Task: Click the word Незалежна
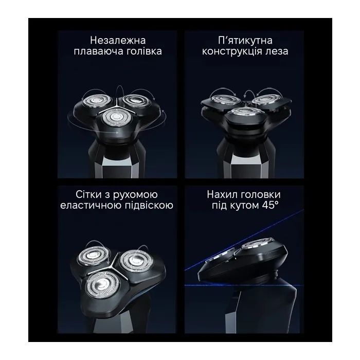118,41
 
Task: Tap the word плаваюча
95,51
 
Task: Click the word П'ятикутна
245,41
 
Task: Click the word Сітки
88,194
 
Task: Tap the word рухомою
135,195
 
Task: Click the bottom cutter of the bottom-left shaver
102,285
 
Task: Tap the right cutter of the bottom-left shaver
136,261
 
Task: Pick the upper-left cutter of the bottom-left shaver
93,257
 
